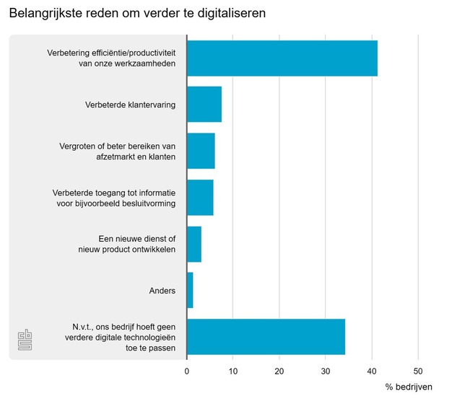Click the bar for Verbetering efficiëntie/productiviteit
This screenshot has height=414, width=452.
coord(282,58)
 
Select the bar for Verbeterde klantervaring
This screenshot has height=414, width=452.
coord(204,105)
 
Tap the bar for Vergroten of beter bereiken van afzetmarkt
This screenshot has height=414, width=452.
coord(201,151)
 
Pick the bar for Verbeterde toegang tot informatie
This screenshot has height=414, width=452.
coord(200,198)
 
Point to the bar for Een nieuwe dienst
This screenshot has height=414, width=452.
coord(194,244)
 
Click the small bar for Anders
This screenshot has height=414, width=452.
coord(190,291)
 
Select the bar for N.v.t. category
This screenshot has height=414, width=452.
coord(266,337)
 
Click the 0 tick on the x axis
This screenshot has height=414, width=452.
coord(187,371)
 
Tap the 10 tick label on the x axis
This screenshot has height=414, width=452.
coord(233,371)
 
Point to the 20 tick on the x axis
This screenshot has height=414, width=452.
coord(279,371)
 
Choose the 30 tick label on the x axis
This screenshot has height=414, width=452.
coord(326,371)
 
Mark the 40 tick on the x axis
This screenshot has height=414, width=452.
coord(372,371)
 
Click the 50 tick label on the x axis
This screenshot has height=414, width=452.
coord(418,371)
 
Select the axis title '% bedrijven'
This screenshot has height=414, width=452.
coord(409,387)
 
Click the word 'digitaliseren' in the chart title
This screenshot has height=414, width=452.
coord(230,14)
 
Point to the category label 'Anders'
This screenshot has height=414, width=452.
coord(162,291)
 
